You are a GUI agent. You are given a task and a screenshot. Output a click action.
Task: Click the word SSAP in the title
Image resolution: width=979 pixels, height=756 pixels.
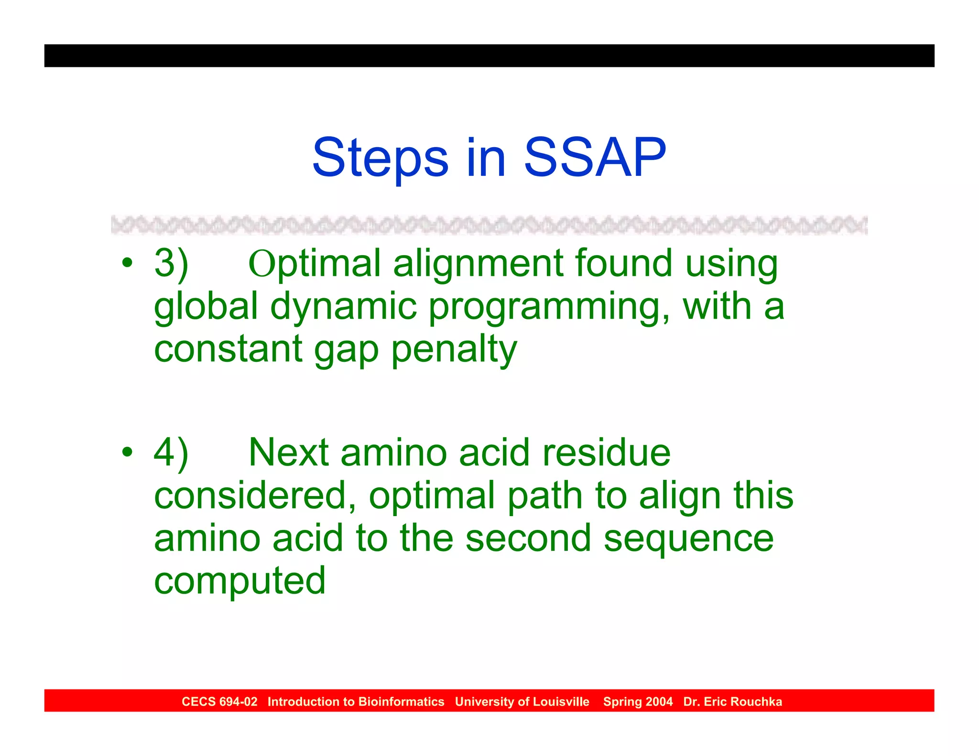595,158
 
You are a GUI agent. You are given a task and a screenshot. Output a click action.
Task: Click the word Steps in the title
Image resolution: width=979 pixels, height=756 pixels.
380,158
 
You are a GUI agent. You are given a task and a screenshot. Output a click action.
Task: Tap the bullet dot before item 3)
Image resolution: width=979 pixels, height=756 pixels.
127,263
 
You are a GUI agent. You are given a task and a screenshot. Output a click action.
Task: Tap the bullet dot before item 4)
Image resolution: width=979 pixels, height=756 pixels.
127,452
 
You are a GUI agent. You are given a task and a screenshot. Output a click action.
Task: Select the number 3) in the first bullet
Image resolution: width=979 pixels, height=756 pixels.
171,263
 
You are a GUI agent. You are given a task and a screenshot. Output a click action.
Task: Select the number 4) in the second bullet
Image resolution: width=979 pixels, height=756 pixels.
171,452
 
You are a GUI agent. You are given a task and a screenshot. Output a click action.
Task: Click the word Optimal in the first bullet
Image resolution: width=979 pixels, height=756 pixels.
314,263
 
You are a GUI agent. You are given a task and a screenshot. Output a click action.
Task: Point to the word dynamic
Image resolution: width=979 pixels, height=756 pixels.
343,307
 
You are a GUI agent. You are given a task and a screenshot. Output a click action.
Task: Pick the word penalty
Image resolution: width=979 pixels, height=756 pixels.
454,349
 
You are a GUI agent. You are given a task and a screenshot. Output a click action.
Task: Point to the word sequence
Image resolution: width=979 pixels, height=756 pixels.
688,539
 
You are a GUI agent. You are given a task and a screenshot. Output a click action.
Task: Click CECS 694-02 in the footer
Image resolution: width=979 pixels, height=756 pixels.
219,702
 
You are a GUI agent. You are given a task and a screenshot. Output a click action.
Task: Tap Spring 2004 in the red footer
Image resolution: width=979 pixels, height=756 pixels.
637,702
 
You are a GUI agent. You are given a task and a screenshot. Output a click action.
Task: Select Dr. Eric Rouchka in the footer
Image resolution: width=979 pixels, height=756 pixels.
732,702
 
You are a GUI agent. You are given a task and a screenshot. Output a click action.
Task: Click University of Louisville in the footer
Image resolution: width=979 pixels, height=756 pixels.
522,702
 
